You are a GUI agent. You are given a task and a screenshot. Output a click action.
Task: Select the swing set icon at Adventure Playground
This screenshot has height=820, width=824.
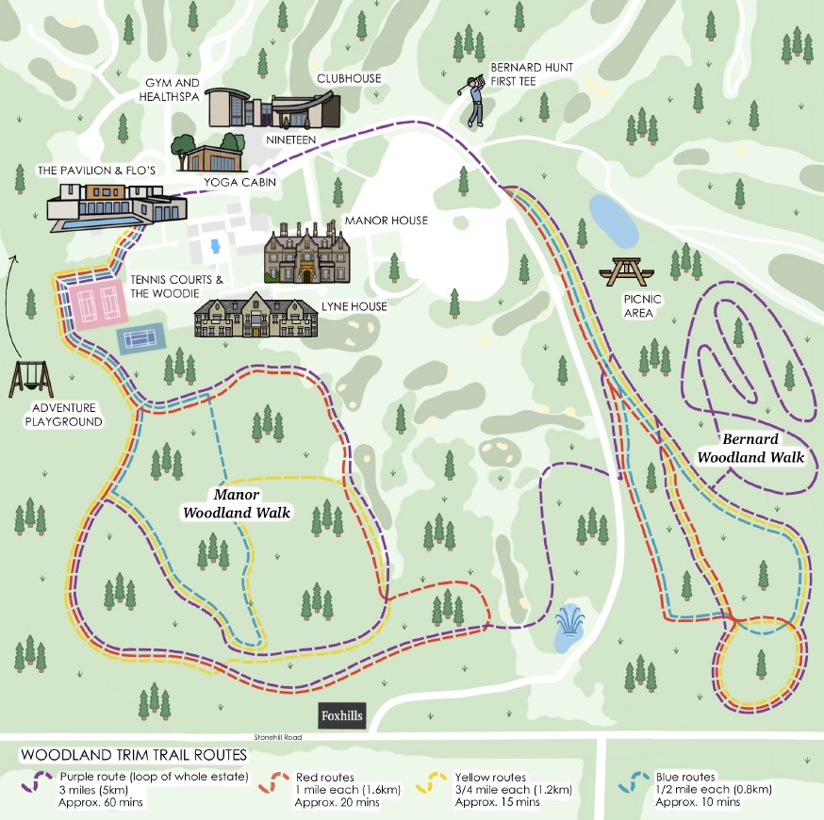[x=32, y=379]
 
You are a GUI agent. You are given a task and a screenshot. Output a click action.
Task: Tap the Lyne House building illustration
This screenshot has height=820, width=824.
[x=255, y=317]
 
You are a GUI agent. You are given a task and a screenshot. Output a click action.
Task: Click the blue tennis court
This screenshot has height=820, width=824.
[x=141, y=337]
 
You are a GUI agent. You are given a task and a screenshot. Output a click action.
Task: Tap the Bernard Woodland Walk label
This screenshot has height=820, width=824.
[x=750, y=449]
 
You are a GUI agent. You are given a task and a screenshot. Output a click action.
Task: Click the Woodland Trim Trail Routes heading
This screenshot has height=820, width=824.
[x=133, y=755]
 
